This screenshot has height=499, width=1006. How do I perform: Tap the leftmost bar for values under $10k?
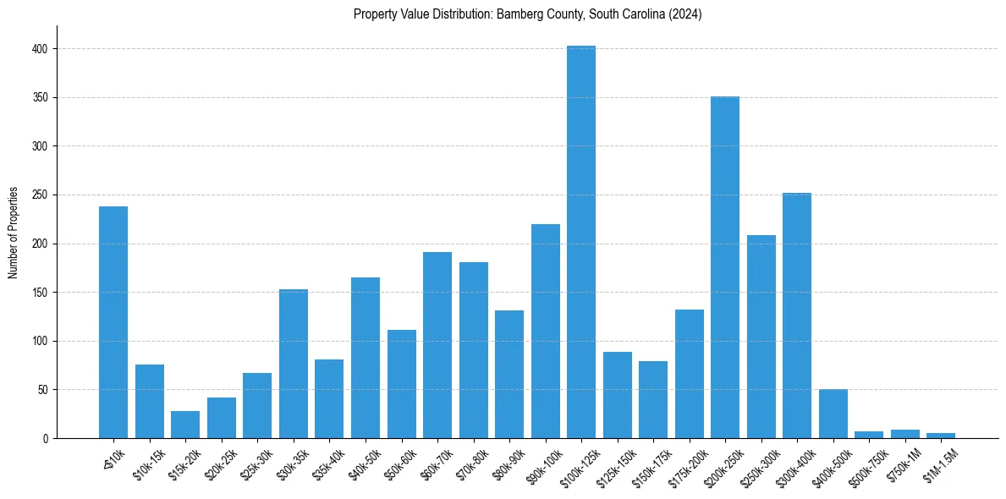pyautogui.click(x=113, y=322)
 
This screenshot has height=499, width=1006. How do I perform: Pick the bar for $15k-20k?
pyautogui.click(x=185, y=425)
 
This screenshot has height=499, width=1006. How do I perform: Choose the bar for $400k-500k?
pyautogui.click(x=833, y=414)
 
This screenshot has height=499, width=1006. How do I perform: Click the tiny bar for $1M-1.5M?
pyautogui.click(x=941, y=436)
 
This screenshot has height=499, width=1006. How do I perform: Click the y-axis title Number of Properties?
pyautogui.click(x=14, y=233)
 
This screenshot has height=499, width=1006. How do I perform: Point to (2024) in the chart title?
pyautogui.click(x=686, y=14)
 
